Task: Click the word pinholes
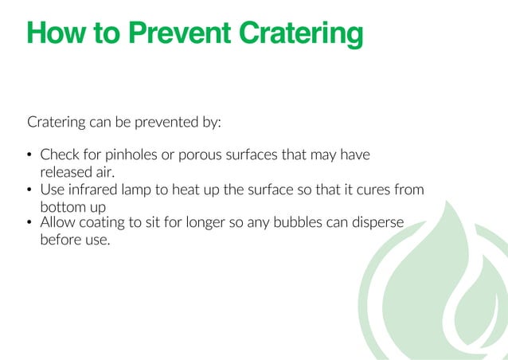click(130, 155)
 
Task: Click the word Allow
click(57, 222)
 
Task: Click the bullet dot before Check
click(29, 155)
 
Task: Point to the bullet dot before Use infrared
click(29, 190)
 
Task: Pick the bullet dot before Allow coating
click(29, 223)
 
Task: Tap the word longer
click(210, 222)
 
